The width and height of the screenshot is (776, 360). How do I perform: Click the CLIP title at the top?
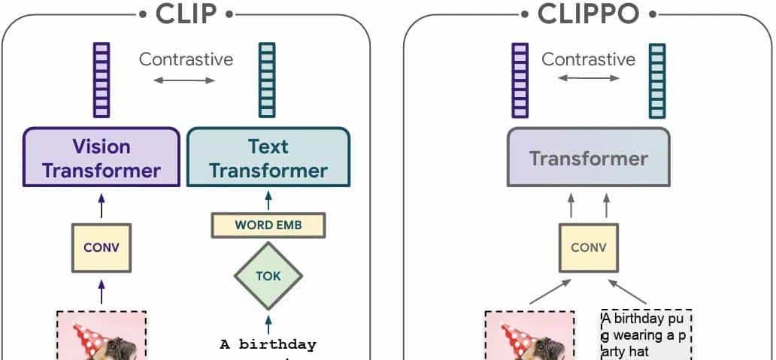(185, 14)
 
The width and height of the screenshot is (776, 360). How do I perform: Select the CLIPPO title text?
(589, 14)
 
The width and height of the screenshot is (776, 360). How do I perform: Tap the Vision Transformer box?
(102, 158)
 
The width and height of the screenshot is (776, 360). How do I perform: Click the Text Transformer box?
(268, 158)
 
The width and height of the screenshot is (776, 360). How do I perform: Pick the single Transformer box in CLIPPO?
(588, 158)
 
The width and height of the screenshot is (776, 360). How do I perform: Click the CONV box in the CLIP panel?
(102, 247)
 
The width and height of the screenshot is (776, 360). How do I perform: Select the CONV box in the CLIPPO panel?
(588, 247)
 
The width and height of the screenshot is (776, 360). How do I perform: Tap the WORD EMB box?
(268, 225)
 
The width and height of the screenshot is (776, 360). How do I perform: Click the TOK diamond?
(268, 276)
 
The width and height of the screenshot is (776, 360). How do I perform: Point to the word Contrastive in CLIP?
(186, 59)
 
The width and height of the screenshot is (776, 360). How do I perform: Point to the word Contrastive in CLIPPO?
(588, 59)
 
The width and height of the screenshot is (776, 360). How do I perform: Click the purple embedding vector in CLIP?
(102, 80)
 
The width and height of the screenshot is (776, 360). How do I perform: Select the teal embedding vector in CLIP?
(267, 80)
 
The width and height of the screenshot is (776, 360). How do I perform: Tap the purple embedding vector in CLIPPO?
(520, 80)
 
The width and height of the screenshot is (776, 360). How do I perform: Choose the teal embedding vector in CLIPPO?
(658, 80)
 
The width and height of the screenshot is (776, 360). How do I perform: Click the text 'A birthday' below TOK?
(268, 345)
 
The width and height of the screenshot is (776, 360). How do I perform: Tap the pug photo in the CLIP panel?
(102, 336)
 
